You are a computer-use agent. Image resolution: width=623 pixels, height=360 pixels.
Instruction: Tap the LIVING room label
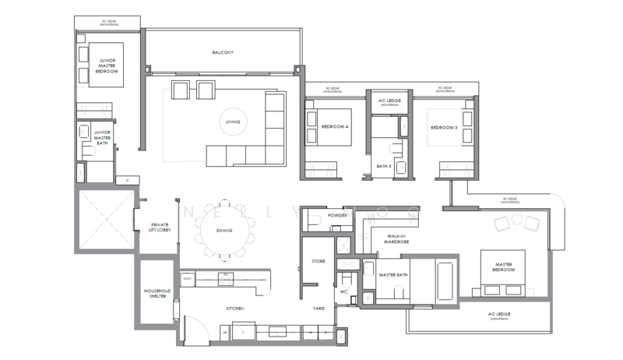[x=233, y=122]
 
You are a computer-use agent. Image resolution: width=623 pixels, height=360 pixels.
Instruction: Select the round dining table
[x=228, y=230]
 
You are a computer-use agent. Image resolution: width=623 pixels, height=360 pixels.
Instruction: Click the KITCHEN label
[x=235, y=309]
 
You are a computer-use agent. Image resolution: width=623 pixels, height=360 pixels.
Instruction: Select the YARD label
[x=319, y=309]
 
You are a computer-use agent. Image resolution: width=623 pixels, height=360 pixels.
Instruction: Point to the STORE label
[x=318, y=261]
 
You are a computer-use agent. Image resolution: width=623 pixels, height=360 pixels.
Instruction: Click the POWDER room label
[x=337, y=215]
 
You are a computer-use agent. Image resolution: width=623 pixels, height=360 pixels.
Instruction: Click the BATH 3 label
[x=382, y=165]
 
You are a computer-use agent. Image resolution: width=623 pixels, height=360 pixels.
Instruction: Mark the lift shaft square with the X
[x=105, y=220]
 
